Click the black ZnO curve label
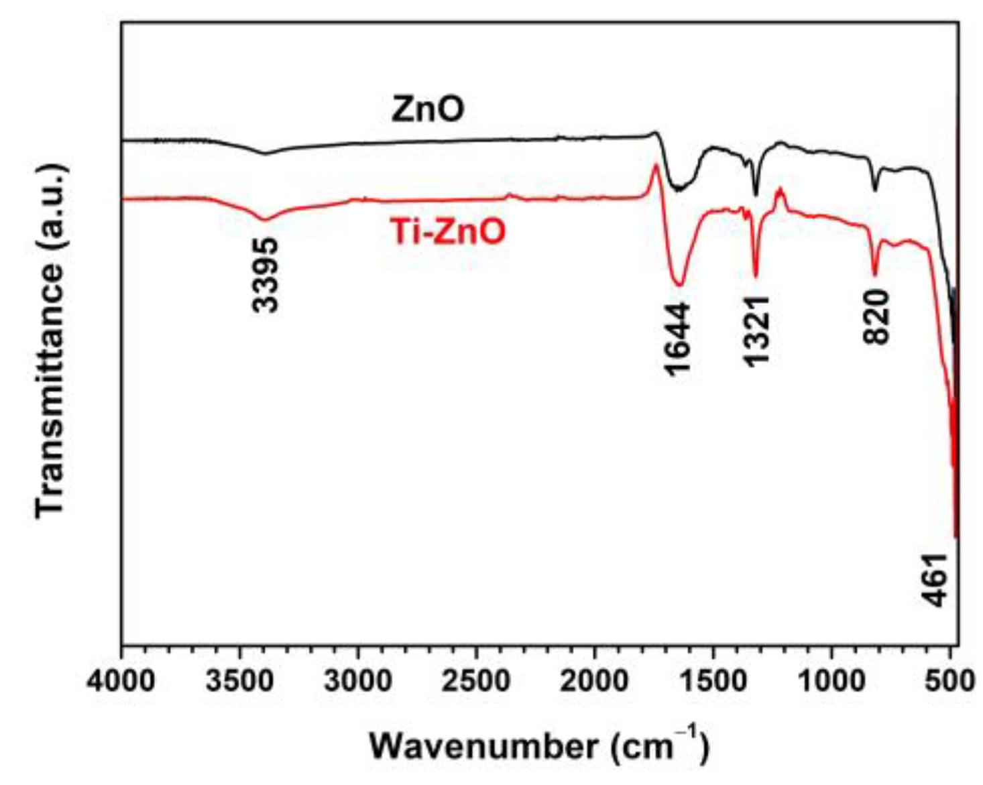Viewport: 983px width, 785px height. pos(427,109)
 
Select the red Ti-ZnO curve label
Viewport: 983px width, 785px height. pos(447,232)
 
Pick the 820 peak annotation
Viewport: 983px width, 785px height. pos(876,316)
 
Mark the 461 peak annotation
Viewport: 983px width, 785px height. pos(935,580)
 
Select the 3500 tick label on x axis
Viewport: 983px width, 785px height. pos(240,681)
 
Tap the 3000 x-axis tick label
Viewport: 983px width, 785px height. pos(358,681)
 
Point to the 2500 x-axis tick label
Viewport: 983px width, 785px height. pos(476,681)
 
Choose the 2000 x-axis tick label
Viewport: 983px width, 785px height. pos(594,681)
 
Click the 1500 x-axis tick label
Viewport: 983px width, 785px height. pos(712,681)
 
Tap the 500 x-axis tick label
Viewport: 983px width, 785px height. pos(949,681)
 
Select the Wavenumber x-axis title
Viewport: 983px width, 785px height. pos(538,745)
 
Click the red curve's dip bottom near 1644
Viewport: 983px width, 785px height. pos(679,285)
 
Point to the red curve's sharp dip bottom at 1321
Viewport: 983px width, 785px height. pos(756,275)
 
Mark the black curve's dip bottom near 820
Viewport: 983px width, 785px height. pos(875,191)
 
